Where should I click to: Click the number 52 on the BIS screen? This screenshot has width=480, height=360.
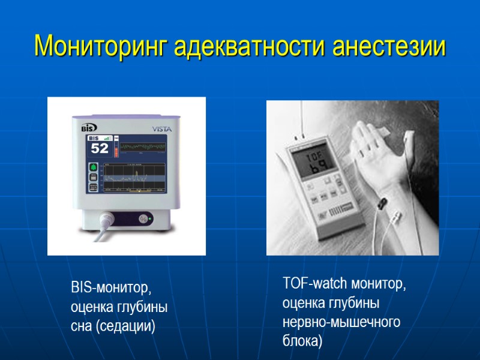coord(99,148)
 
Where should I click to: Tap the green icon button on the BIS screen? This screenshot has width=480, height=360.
coord(94,166)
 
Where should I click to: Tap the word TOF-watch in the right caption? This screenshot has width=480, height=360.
coord(315,283)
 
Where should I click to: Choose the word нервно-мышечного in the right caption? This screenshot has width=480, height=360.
coord(341,322)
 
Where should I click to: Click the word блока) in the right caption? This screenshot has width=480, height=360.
coord(302,341)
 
